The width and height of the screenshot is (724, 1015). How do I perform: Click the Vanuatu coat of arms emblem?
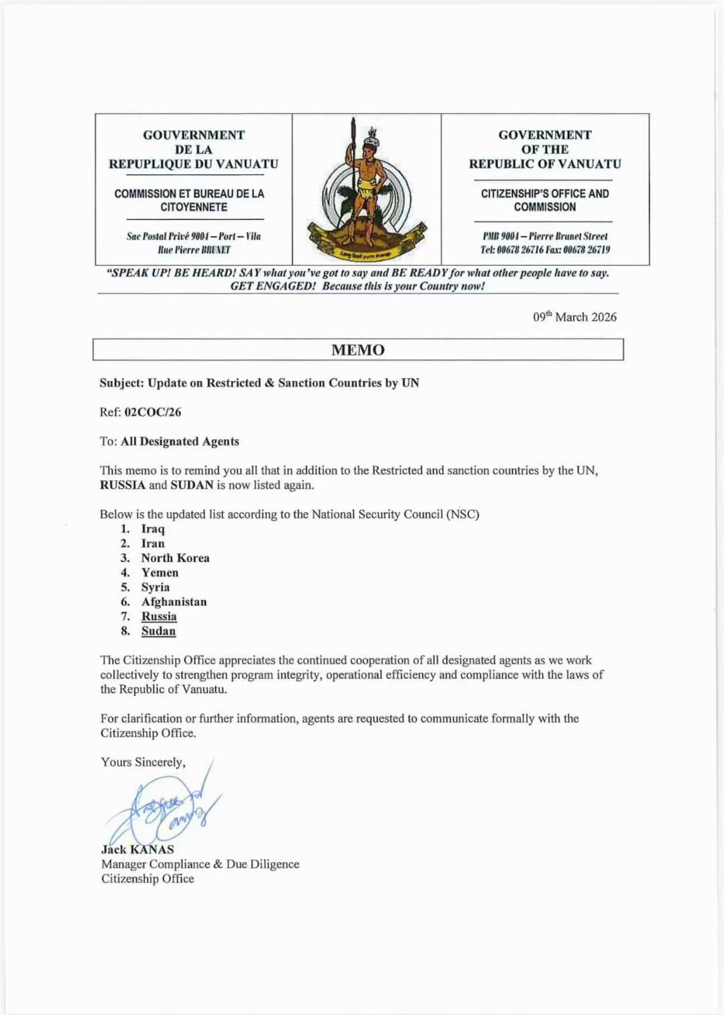366,190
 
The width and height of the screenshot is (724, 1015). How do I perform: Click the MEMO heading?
358,350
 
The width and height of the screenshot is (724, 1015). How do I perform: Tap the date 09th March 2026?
575,317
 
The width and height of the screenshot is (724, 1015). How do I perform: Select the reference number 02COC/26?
152,412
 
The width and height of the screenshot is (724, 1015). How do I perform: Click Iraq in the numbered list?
153,529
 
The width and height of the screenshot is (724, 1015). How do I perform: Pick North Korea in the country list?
175,558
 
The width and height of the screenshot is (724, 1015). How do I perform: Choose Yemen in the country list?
160,573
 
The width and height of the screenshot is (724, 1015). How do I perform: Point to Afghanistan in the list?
174,602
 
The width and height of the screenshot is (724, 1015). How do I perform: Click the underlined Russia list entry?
159,617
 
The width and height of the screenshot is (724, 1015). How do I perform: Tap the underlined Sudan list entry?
158,631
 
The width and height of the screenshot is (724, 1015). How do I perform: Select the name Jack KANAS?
137,849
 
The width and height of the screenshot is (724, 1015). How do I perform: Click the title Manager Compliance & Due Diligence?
200,864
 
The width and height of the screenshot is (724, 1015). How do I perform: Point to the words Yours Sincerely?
143,762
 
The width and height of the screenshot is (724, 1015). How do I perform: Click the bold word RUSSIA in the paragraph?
123,485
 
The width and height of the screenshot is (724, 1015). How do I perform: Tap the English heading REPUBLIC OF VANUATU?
544,164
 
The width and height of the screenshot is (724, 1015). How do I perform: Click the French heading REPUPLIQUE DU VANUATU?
193,164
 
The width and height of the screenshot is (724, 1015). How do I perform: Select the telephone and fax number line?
544,250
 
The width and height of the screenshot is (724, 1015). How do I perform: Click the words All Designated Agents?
180,442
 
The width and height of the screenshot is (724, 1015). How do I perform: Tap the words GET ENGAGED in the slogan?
272,286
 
